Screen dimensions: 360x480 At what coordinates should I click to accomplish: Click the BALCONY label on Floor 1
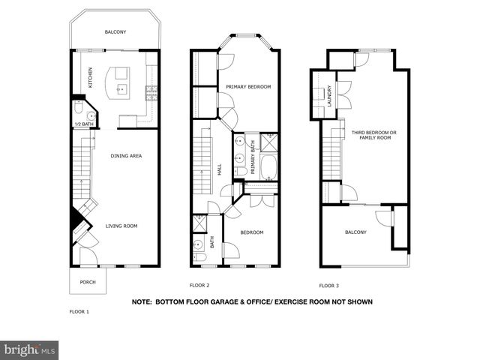115,32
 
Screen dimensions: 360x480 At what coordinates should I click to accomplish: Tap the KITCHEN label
91,77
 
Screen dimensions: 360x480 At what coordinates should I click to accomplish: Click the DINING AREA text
126,156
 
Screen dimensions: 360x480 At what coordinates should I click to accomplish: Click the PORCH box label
88,283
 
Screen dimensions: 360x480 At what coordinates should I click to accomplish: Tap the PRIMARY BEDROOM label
248,87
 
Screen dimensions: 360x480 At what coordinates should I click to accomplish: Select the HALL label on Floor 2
220,170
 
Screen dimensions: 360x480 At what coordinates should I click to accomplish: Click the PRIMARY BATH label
253,157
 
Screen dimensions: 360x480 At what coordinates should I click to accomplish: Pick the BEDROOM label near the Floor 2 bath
252,232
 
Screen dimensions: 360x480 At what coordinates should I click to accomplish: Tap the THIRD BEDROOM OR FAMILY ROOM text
372,135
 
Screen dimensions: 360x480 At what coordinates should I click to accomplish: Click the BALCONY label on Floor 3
355,232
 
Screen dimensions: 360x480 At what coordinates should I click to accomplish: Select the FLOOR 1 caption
79,310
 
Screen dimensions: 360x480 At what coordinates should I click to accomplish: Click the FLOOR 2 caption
199,286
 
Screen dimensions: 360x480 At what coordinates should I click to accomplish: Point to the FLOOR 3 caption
328,286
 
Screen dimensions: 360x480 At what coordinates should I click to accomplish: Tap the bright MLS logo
30,349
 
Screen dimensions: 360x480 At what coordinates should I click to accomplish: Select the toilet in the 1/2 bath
89,116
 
